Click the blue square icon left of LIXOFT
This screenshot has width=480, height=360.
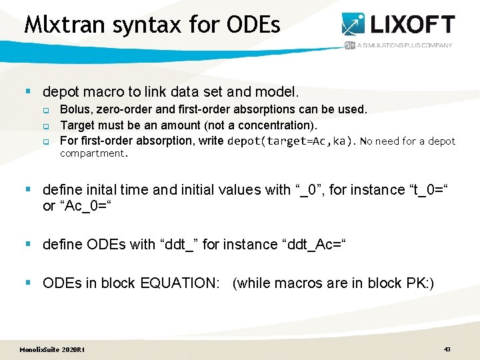353,24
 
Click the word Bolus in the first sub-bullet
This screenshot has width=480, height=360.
75,109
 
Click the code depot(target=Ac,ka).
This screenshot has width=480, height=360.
292,141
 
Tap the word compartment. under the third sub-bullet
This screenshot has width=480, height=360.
93,153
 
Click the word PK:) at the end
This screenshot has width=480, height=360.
419,283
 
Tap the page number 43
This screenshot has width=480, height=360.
447,349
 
